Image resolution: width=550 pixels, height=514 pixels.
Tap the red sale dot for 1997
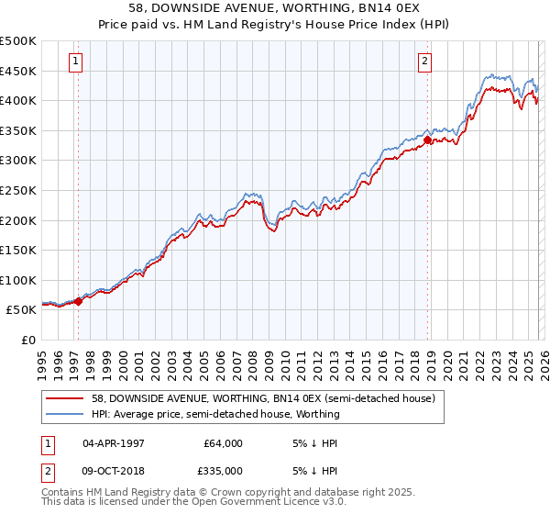(x=78, y=300)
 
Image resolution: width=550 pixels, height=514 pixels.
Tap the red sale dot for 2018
(x=428, y=140)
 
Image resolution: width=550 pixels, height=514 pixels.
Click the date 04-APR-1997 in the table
(x=113, y=443)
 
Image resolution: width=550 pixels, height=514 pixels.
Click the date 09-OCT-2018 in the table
(x=113, y=471)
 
